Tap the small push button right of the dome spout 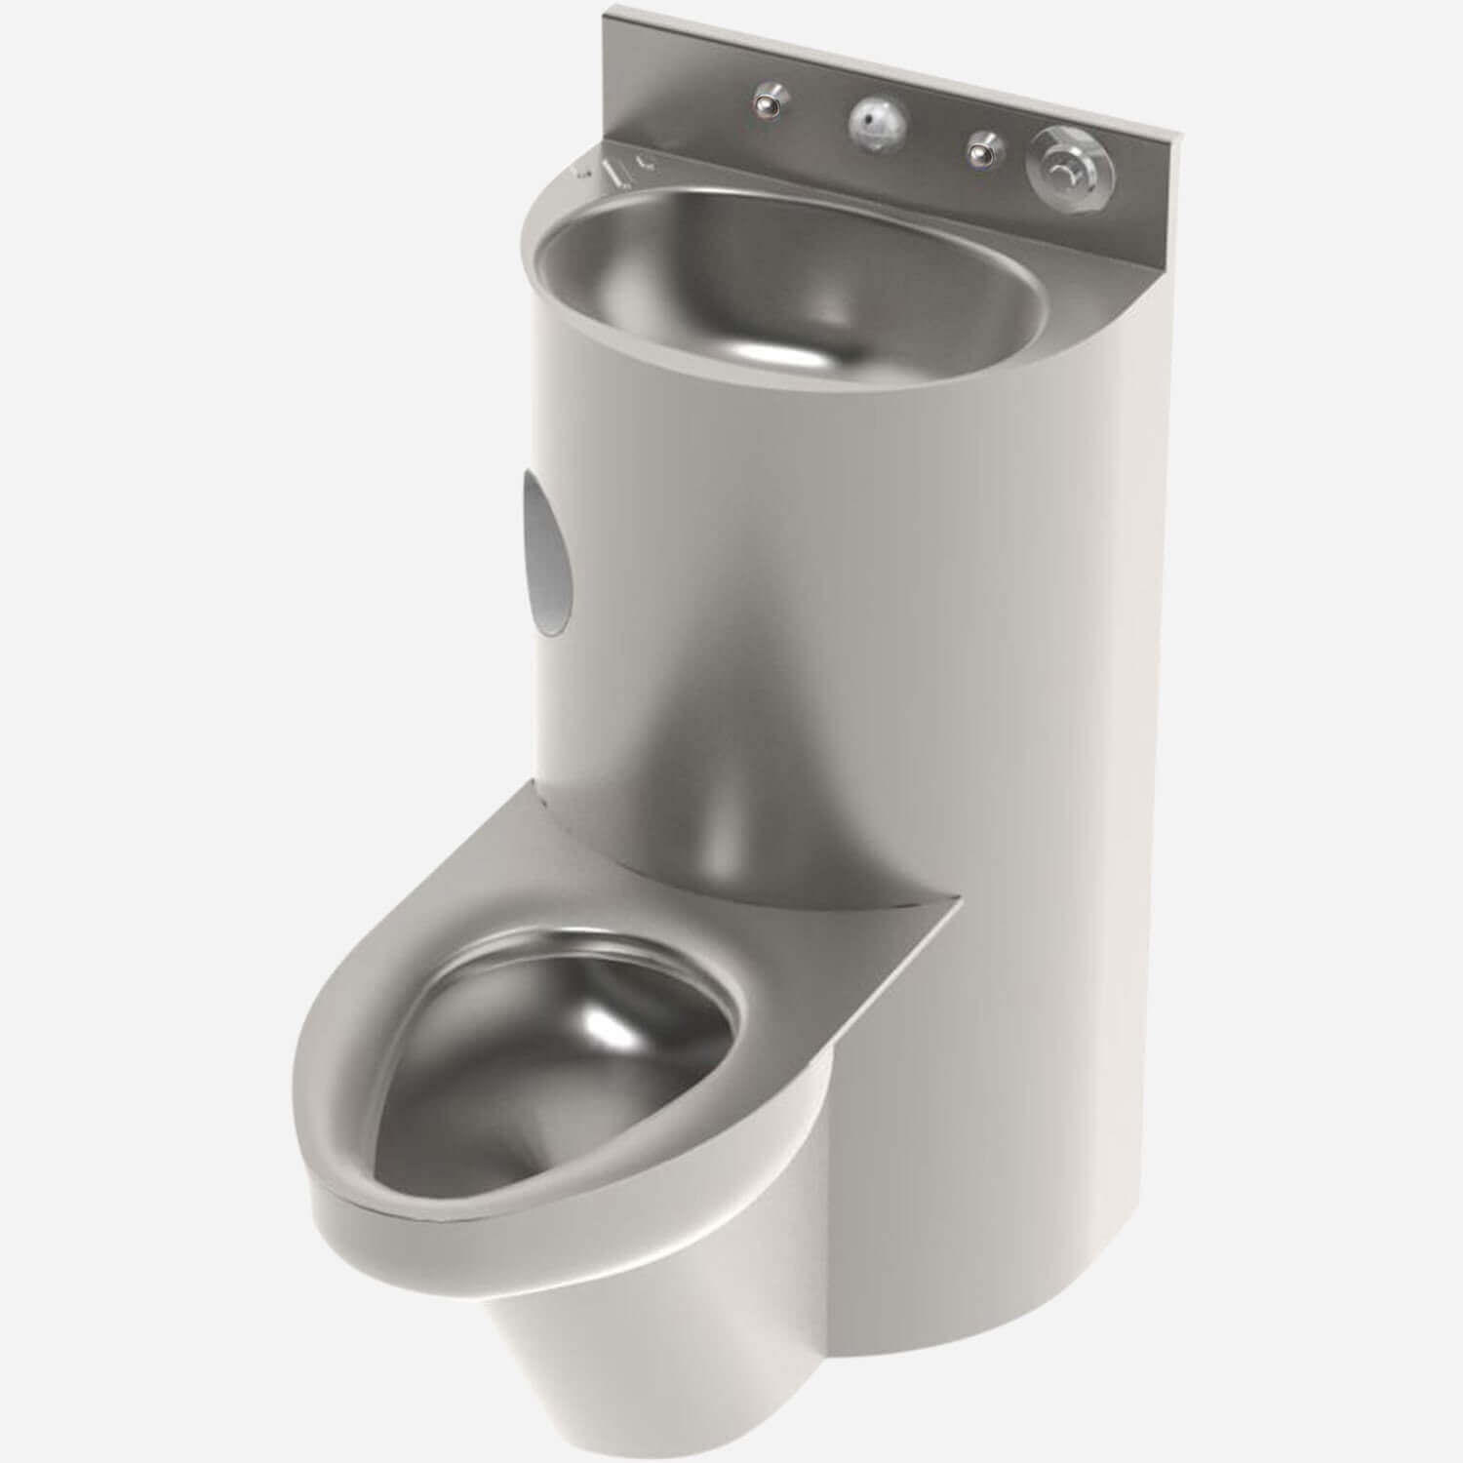click(x=983, y=150)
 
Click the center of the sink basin click(x=790, y=283)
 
